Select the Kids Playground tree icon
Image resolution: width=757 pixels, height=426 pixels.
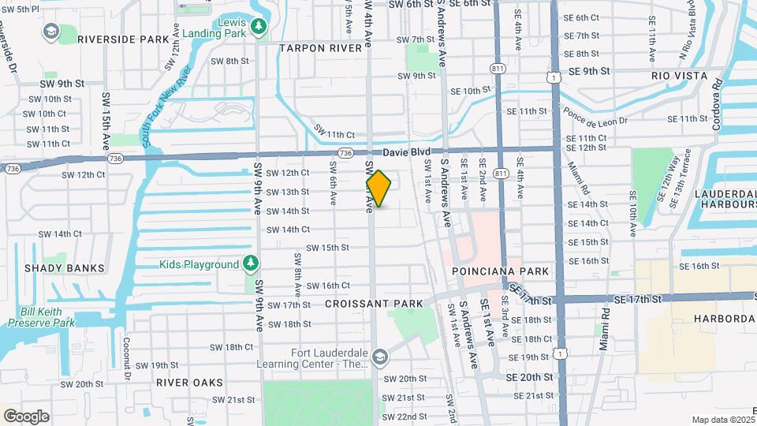[x=251, y=262]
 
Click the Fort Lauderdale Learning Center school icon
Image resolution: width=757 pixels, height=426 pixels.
[x=380, y=358]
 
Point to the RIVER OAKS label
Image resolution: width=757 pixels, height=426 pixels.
[x=189, y=382]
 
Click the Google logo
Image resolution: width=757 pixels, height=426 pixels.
[x=26, y=416]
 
